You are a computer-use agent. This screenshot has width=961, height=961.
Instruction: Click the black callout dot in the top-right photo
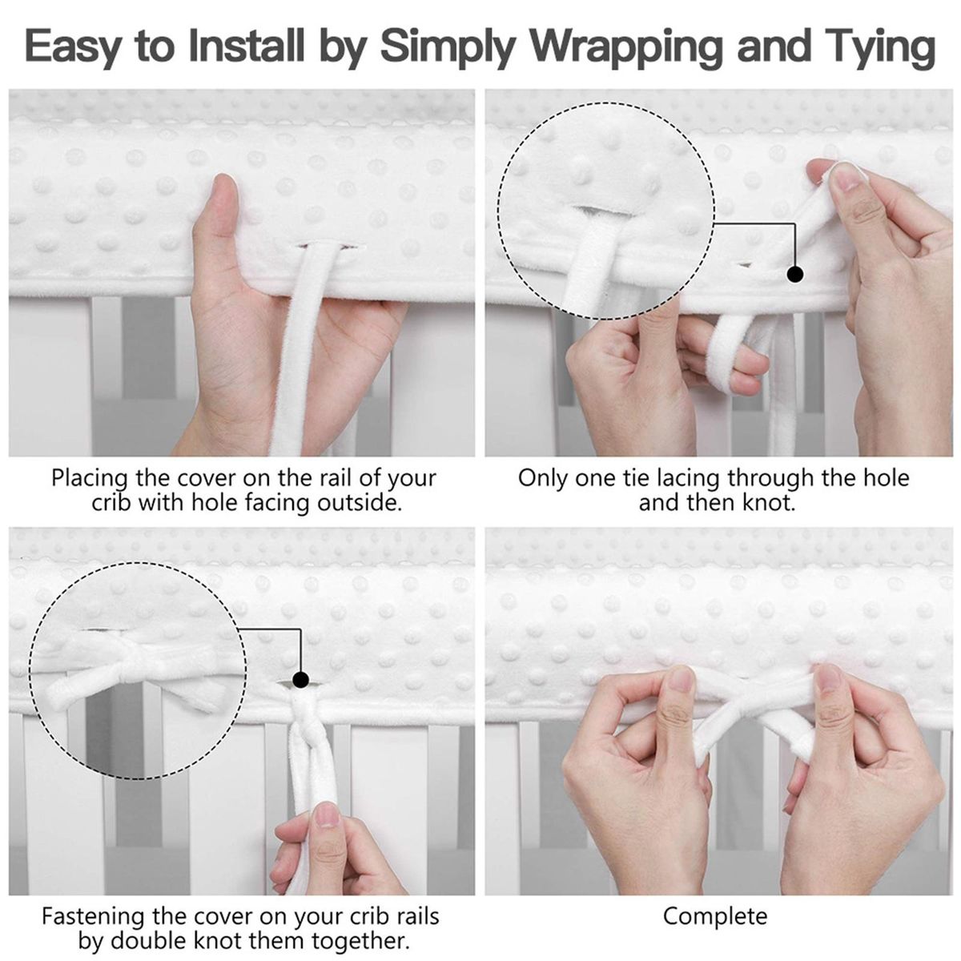pyautogui.click(x=794, y=274)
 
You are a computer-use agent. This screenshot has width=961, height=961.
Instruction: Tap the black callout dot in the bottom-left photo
pyautogui.click(x=301, y=679)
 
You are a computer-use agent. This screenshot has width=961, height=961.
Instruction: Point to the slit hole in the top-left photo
pyautogui.click(x=329, y=246)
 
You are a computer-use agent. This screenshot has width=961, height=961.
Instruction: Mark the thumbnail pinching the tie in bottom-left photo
pyautogui.click(x=327, y=816)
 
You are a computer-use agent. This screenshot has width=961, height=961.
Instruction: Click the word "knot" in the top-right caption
pyautogui.click(x=768, y=502)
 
